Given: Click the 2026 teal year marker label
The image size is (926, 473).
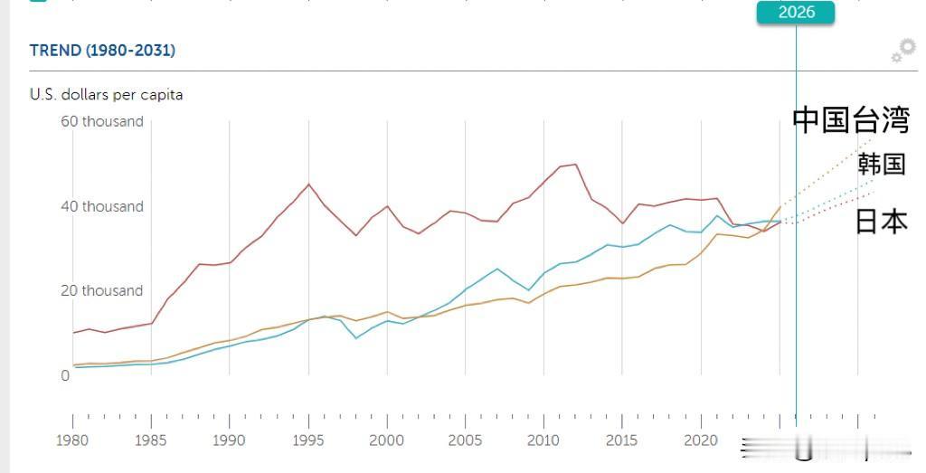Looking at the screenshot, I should [x=796, y=12].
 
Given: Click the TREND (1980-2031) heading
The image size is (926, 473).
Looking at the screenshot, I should [x=102, y=51].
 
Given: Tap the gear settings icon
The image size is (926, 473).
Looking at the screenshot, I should [x=902, y=52].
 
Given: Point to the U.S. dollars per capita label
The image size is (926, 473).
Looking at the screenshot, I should [x=106, y=95].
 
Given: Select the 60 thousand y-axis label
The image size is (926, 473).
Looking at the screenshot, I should [x=101, y=121].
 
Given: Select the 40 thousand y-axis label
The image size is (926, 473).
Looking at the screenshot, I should [x=101, y=206].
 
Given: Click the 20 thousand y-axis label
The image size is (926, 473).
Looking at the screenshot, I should [x=101, y=290].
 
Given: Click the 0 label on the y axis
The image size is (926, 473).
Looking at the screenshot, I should [x=65, y=375].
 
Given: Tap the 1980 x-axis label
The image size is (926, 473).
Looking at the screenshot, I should [x=73, y=440].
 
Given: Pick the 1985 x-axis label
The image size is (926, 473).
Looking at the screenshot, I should [x=151, y=440].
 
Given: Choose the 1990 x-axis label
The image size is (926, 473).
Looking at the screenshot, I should [x=230, y=440].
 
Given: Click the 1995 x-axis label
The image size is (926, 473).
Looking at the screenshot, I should [x=308, y=440].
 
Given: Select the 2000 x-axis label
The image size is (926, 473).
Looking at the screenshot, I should [x=387, y=440].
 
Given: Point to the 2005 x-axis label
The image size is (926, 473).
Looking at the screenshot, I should [x=465, y=440].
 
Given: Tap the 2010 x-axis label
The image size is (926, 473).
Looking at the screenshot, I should [x=543, y=440].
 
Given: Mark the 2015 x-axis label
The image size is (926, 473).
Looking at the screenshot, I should [x=622, y=440].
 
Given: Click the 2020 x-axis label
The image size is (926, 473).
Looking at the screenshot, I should [x=701, y=440].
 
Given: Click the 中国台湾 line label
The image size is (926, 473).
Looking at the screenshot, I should [x=850, y=120].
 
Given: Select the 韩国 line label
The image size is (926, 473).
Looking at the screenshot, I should [x=882, y=164].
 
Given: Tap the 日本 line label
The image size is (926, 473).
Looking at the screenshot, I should [x=881, y=222].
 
